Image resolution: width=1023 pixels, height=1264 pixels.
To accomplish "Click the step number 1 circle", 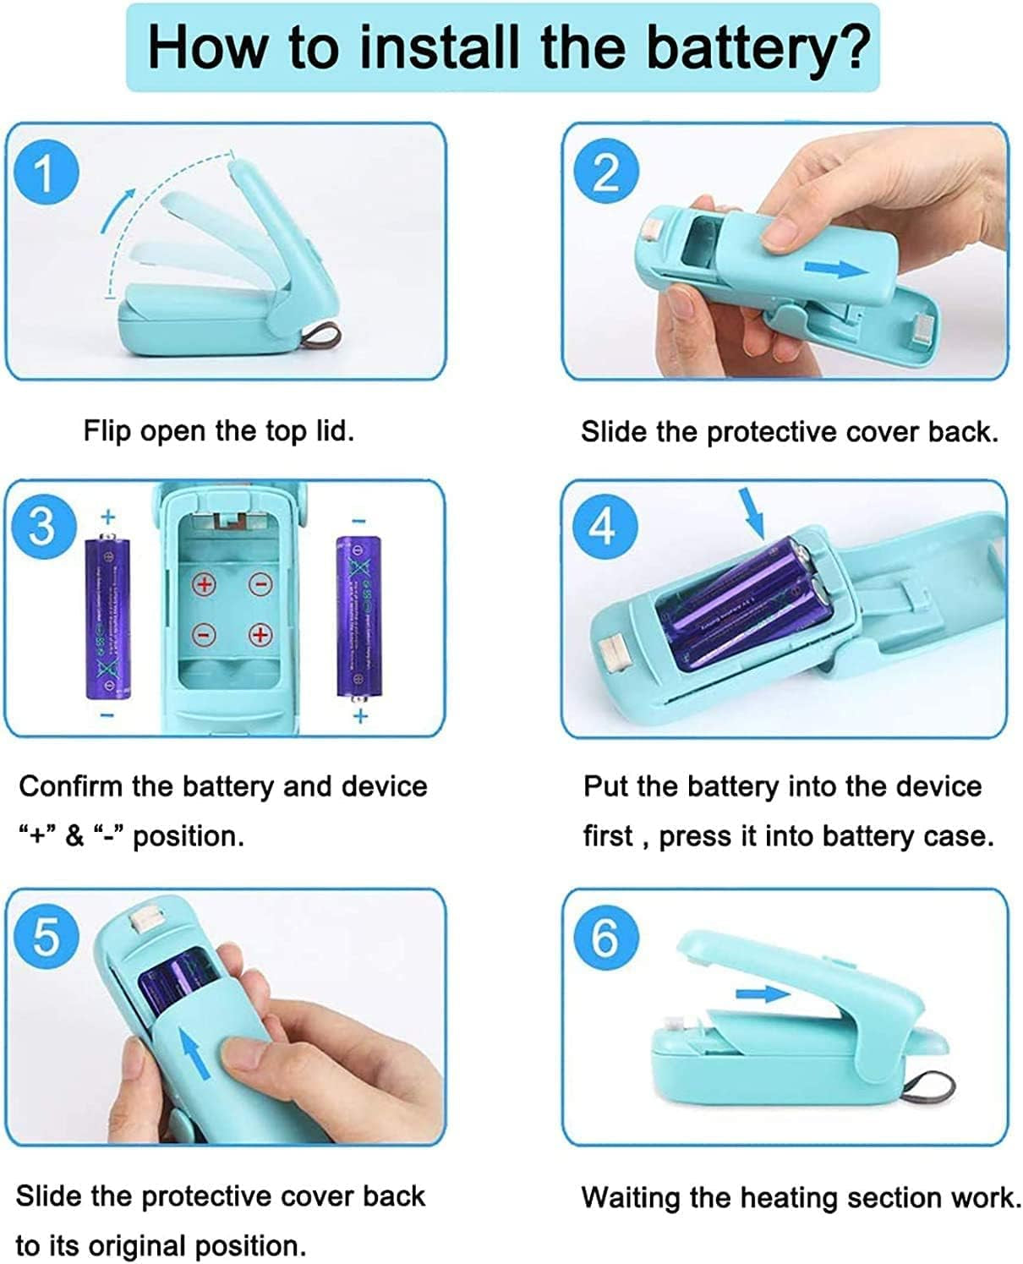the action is coord(46,172).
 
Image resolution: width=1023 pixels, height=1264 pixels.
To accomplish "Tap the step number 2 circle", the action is coord(606,172).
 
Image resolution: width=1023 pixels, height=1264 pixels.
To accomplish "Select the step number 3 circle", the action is coord(44,527).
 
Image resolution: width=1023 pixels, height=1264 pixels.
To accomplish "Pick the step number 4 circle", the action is coord(605,527).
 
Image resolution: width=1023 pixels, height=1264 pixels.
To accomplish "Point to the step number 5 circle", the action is coord(46,937).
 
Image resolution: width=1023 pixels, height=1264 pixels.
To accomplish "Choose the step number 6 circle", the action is coord(606,938).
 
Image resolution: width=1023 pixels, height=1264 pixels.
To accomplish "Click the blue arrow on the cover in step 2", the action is coord(836,270).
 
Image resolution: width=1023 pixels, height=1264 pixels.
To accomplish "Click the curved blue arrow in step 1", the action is coord(117,209).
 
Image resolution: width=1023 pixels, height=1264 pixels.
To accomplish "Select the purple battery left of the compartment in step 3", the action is coord(108,616).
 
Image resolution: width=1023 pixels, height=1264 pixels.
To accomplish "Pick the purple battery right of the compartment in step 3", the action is coord(359,618).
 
